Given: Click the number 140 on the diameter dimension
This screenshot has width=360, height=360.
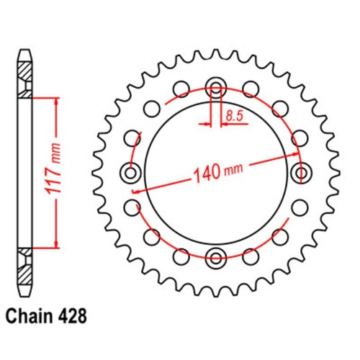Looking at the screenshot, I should tap(207, 173).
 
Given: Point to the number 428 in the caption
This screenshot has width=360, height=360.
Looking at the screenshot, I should tap(75, 315).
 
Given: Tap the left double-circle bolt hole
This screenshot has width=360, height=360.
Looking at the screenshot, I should tap(132, 172).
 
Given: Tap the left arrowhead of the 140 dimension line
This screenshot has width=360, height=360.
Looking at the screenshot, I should tap(137, 188).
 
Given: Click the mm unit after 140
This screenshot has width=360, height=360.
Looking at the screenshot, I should tap(235, 168).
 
